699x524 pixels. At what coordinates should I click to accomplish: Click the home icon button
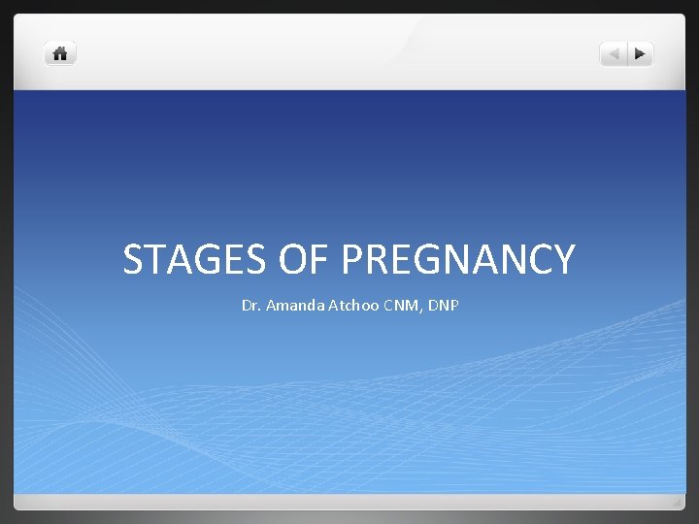coord(60,54)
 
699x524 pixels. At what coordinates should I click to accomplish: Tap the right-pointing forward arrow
coord(640,54)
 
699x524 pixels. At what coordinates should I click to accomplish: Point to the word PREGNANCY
coord(458,260)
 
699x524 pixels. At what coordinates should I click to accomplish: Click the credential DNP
coord(442,306)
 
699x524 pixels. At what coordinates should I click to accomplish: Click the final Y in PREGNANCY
coord(563,260)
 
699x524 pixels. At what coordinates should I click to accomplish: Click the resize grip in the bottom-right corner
coord(677,502)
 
